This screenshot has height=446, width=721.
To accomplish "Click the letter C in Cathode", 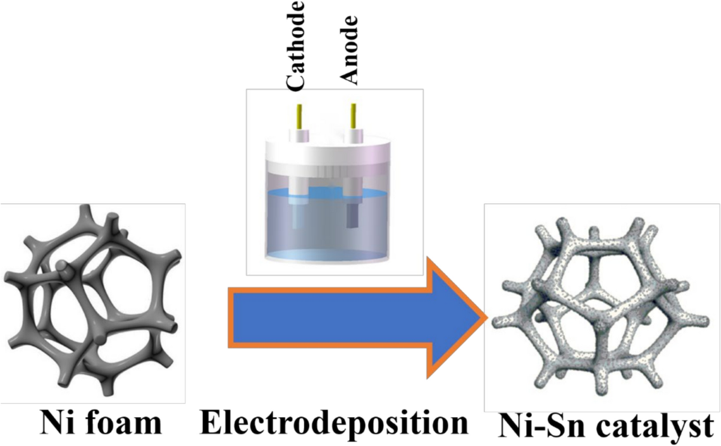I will pos(296,84).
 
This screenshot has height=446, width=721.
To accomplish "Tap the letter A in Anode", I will pos(349,76).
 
